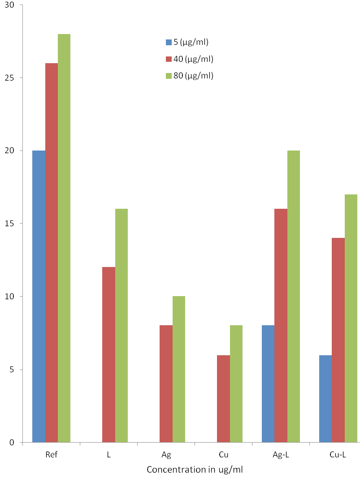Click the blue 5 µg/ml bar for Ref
(x=39, y=296)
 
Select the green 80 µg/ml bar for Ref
(x=64, y=238)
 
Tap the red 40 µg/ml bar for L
(x=108, y=354)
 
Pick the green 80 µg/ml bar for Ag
(x=179, y=369)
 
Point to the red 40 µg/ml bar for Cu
(x=224, y=399)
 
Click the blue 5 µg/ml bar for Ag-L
(x=268, y=384)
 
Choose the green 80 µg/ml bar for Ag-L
(x=294, y=296)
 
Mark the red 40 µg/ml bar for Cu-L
(x=338, y=340)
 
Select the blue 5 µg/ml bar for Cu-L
(x=325, y=399)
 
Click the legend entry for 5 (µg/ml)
(x=187, y=42)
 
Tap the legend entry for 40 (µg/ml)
(x=190, y=59)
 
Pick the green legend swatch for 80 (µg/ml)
(x=169, y=76)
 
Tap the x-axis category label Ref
(x=51, y=455)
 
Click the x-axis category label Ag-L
(x=281, y=455)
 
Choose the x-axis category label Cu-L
(x=338, y=455)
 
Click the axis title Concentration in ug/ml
(x=195, y=469)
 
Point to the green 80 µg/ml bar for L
(x=121, y=326)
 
